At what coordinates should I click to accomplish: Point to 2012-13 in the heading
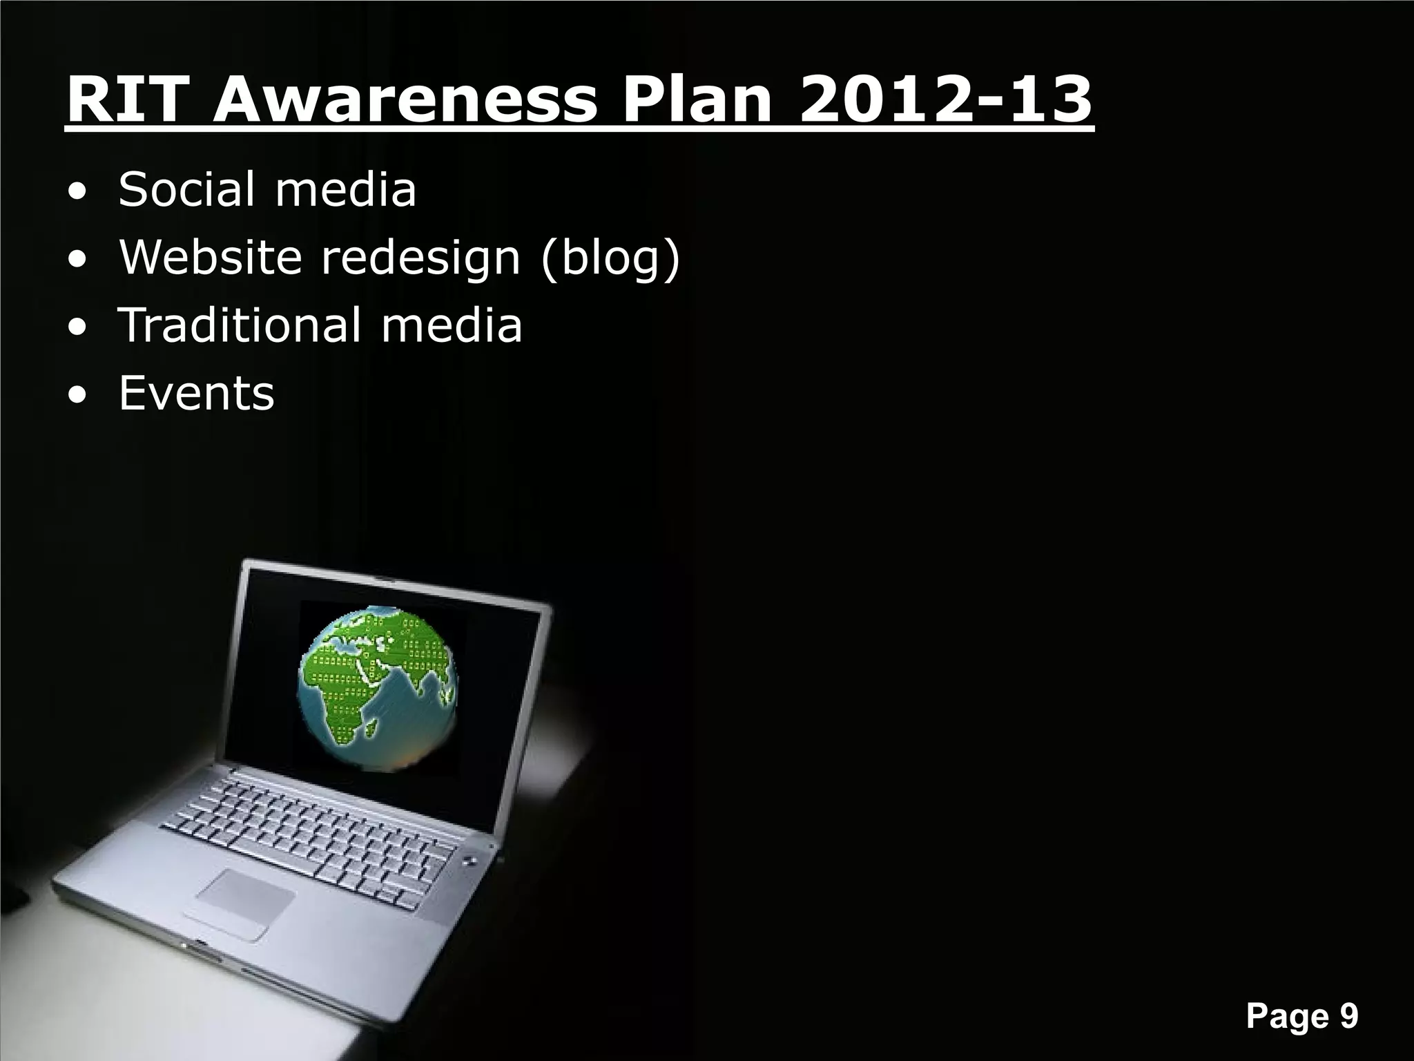click(x=946, y=100)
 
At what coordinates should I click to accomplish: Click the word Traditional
click(x=238, y=325)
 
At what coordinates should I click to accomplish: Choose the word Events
click(x=197, y=393)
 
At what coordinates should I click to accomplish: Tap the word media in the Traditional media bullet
click(x=452, y=325)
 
